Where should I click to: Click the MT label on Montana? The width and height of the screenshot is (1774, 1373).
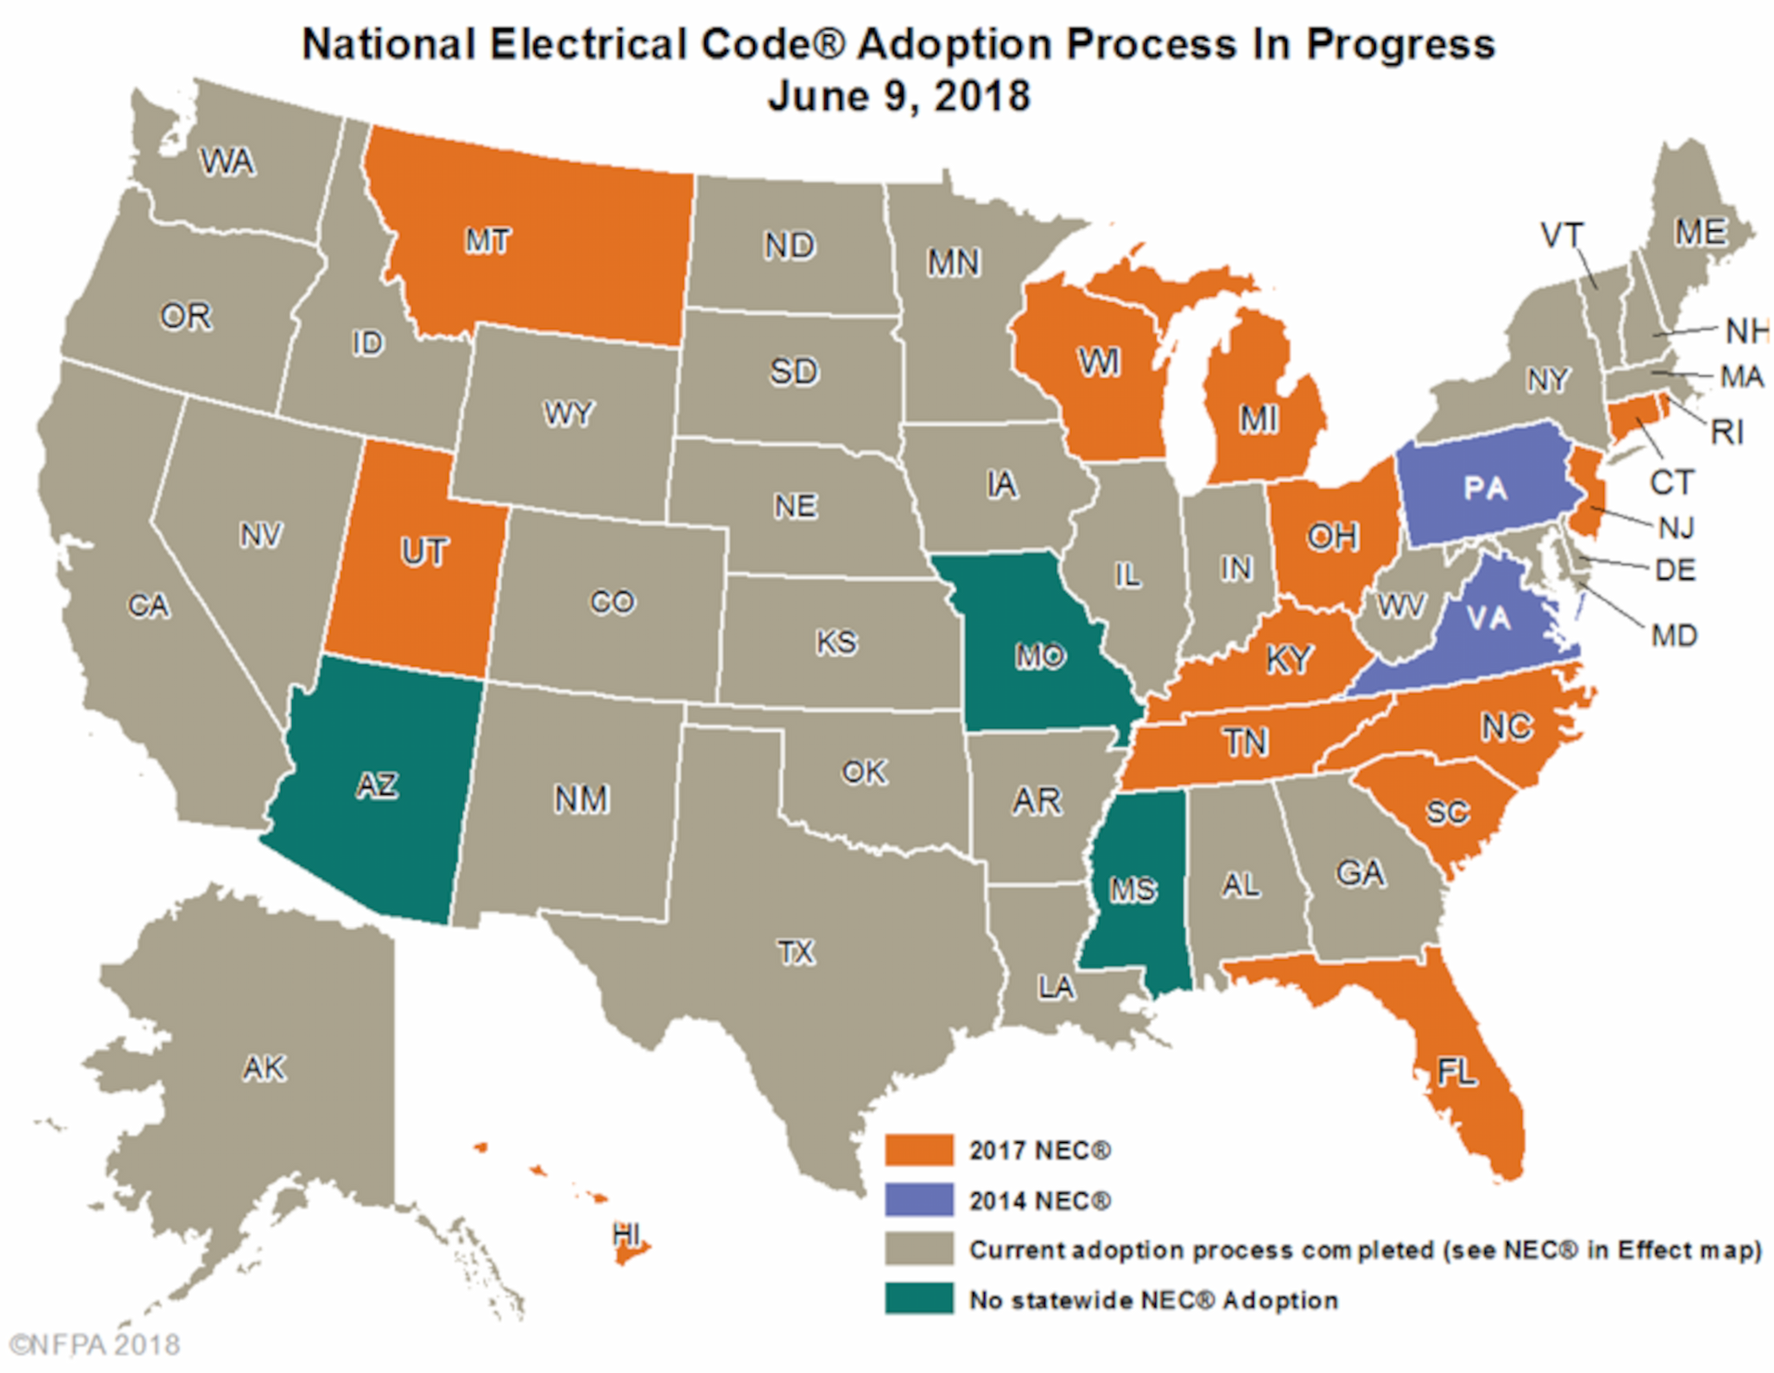[x=487, y=241]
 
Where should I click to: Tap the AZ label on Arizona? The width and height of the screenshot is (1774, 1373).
[x=377, y=785]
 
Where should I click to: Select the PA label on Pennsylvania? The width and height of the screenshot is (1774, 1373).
[x=1485, y=489]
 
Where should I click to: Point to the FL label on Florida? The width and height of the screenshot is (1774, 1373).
[x=1457, y=1072]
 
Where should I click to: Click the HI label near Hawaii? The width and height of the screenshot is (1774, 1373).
[x=626, y=1233]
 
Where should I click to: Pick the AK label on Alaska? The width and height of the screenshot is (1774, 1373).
[x=264, y=1068]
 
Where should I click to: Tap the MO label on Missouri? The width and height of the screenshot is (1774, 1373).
[x=1040, y=656]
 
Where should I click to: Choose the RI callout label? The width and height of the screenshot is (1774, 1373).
[x=1726, y=431]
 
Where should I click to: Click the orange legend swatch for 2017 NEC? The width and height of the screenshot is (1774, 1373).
[x=918, y=1150]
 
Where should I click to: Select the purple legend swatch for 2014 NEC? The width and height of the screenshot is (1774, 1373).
[x=918, y=1200]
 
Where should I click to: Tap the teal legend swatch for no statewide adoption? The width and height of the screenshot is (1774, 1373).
[x=918, y=1299]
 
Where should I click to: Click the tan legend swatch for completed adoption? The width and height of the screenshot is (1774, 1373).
[x=918, y=1249]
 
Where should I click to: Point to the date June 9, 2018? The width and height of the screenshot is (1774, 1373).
[x=898, y=96]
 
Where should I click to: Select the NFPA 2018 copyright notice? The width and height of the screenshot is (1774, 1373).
[x=95, y=1344]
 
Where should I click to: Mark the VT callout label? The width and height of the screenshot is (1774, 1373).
[x=1561, y=236]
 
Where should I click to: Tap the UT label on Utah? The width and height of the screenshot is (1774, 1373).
[x=424, y=553]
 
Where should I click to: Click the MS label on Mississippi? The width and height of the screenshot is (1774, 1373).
[x=1133, y=890]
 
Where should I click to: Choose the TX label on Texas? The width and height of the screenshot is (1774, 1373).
[x=796, y=952]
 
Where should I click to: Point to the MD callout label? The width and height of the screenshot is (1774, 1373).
[x=1674, y=636]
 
